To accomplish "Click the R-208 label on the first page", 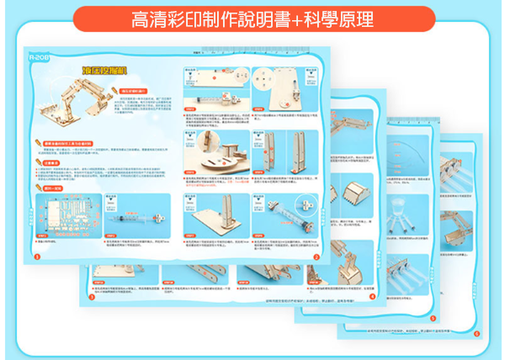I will coord(40,58).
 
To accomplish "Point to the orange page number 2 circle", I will coord(317,257).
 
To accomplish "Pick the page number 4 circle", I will coord(373,296).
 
